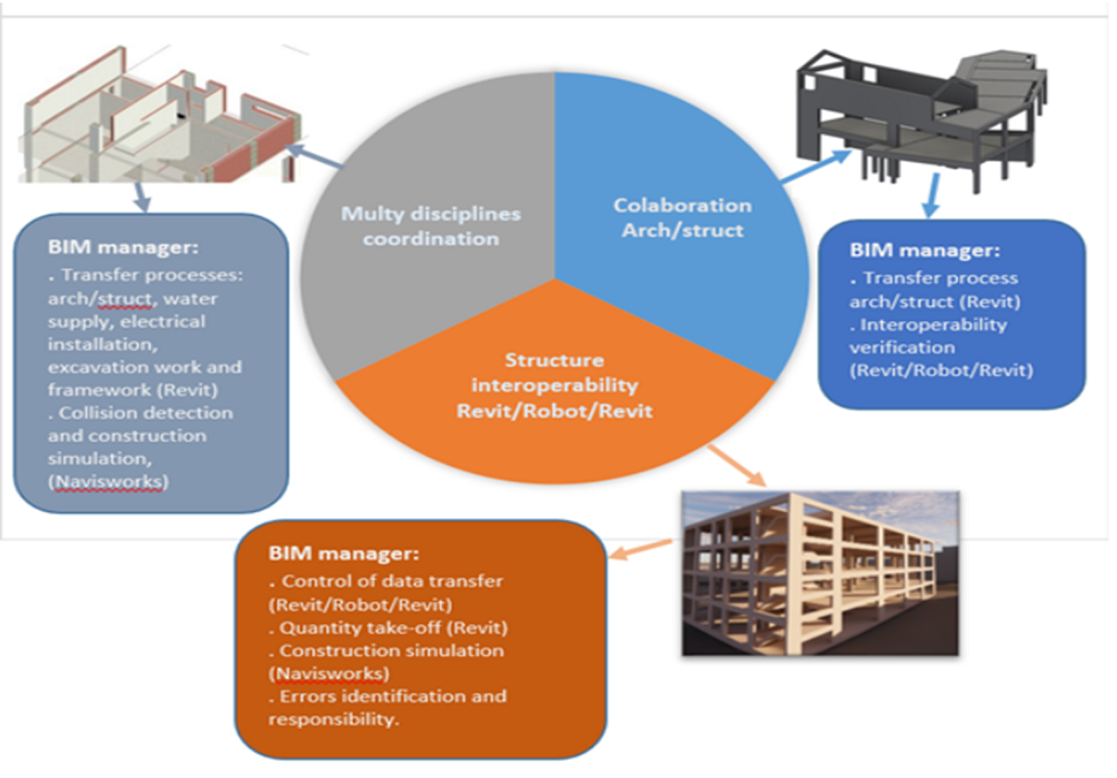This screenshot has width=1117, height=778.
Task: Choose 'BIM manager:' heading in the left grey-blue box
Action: [122, 248]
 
